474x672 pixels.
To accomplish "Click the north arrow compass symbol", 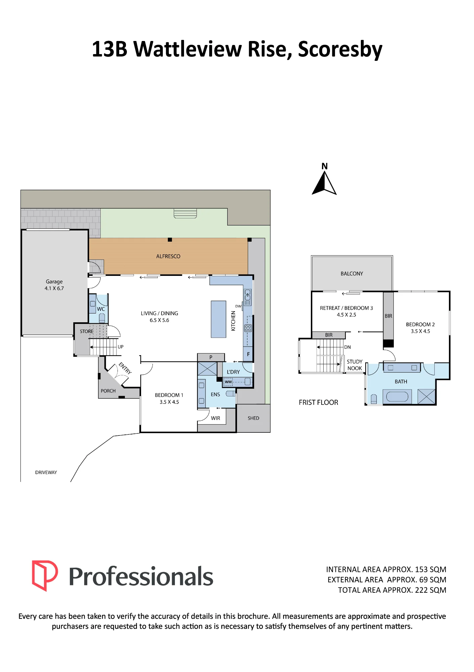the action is coord(324,183).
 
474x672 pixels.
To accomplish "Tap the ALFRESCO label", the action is coord(168,256).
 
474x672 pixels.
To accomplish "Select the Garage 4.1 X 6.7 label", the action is coord(54,285).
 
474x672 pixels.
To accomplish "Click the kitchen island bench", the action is coord(219,319).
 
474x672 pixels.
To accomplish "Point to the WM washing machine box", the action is coord(228,382).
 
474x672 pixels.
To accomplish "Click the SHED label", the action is coord(253,418).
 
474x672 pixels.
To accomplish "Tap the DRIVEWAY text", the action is coord(46,472).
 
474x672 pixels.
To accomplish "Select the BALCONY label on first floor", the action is coord(352,274).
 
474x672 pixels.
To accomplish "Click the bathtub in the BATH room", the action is coord(397,396).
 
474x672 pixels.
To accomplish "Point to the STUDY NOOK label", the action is coord(354,365).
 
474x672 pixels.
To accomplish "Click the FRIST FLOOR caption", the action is coord(319,403).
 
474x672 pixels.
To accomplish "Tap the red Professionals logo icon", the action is coord(45,576).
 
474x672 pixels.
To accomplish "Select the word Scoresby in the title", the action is coord(340,49).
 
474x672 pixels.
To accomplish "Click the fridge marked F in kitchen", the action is coord(248,354).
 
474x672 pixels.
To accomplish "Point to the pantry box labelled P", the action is coord(211,357).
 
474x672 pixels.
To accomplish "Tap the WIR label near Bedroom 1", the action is coord(216,418).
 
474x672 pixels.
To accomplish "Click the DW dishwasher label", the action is coord(238,306).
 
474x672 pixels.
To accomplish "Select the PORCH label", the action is coord(108,391).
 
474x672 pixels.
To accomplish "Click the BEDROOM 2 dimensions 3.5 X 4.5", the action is coord(420,331).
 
